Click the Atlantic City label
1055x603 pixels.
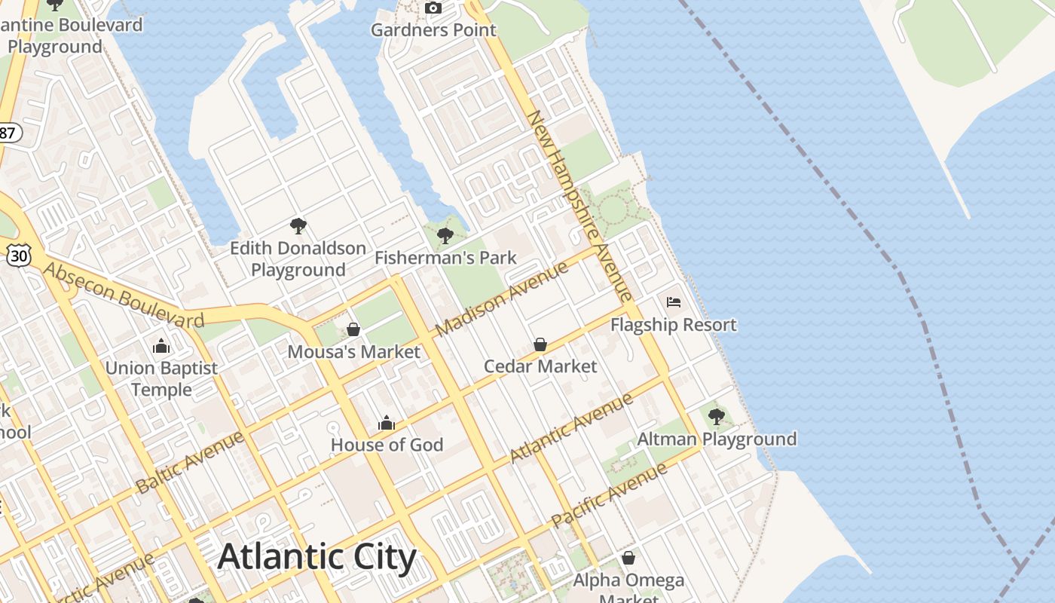[x=316, y=557]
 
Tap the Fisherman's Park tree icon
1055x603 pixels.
[x=445, y=236]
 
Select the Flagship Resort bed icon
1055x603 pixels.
[x=674, y=302]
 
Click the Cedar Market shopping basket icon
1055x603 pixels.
[x=540, y=344]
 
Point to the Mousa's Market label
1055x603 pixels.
[x=354, y=352]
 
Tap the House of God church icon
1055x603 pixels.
[x=387, y=423]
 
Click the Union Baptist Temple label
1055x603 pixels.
[x=161, y=379]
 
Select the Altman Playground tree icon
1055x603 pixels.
[x=717, y=416]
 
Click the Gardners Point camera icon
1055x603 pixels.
[x=433, y=8]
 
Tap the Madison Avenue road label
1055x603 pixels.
[x=501, y=299]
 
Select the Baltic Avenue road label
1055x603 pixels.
[x=191, y=462]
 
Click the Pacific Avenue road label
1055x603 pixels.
[x=610, y=494]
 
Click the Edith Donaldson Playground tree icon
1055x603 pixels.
[x=298, y=225]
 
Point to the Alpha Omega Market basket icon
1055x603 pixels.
[x=628, y=558]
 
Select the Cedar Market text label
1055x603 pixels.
[x=540, y=366]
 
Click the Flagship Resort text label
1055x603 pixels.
[x=674, y=325]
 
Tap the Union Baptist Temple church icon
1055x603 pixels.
[x=161, y=347]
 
